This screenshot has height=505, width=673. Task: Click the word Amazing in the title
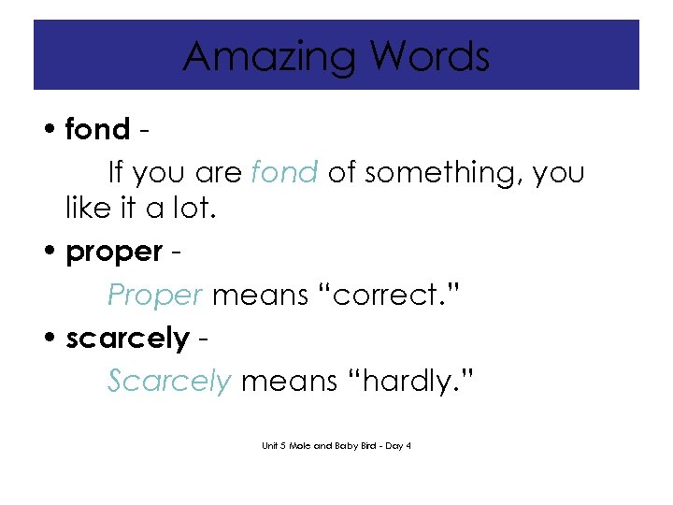268,56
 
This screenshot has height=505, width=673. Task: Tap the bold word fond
97,129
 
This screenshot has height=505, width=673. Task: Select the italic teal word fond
285,172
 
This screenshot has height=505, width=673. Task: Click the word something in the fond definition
422,173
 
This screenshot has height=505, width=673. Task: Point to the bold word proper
114,252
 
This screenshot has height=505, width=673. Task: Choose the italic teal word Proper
155,296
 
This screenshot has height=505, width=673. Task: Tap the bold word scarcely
127,339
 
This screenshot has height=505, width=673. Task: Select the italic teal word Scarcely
169,382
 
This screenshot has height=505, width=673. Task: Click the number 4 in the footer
408,445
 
